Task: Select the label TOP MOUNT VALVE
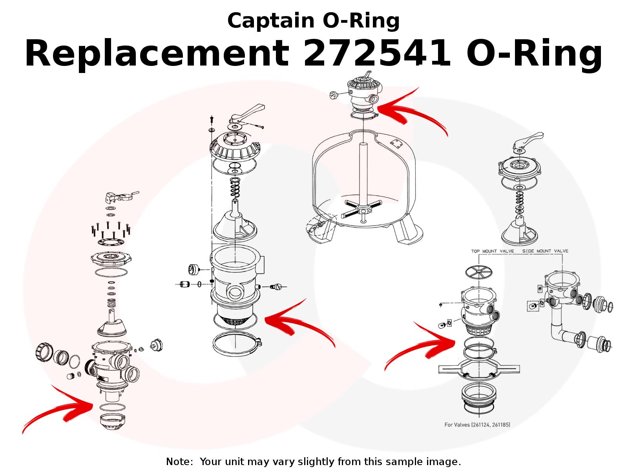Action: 493,251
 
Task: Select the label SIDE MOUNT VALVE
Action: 545,251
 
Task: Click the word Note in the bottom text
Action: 179,462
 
